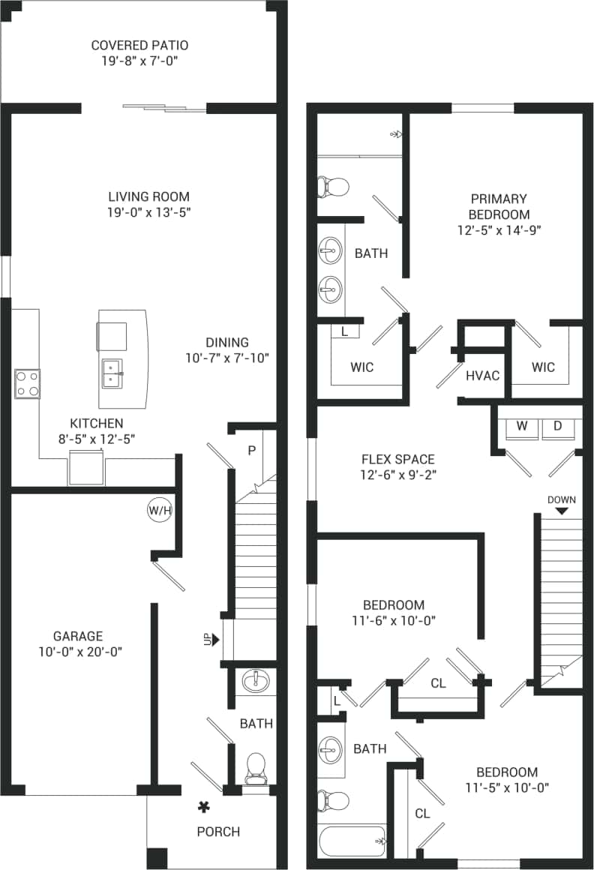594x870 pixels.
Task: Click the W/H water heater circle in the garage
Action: point(159,511)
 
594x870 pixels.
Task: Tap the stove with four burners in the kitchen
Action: point(28,383)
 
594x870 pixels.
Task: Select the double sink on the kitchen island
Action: point(113,372)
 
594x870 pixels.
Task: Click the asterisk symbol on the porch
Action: point(202,807)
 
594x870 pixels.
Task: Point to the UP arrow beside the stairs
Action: point(214,640)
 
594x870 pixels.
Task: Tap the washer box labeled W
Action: point(523,427)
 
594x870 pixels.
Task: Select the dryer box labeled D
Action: point(557,427)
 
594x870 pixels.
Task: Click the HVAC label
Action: point(482,376)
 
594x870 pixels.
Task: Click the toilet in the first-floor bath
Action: point(256,766)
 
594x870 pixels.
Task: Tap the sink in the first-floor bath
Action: point(256,681)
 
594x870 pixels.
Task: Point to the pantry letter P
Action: point(251,450)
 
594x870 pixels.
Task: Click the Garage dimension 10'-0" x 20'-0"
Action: point(78,652)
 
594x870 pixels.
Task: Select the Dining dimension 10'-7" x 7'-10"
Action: point(227,358)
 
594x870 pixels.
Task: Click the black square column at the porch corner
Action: point(157,858)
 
